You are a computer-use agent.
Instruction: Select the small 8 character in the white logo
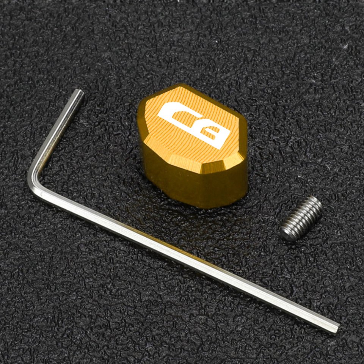215,137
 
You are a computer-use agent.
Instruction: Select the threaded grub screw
301,218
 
